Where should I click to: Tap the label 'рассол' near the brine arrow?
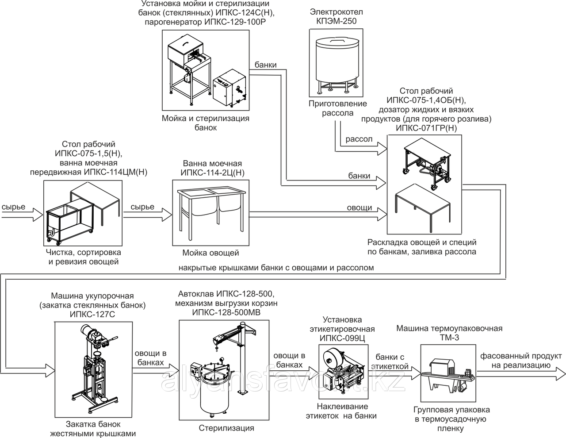coord(359,139)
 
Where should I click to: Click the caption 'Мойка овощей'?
coord(210,253)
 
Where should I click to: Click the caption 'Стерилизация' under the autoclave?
coord(226,428)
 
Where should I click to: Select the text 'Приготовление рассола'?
coord(337,108)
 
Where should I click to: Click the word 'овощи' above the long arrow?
coord(359,207)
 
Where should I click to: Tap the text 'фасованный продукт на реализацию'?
coord(515,361)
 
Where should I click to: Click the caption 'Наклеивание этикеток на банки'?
coord(342,411)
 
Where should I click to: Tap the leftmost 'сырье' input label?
coord(13,207)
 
